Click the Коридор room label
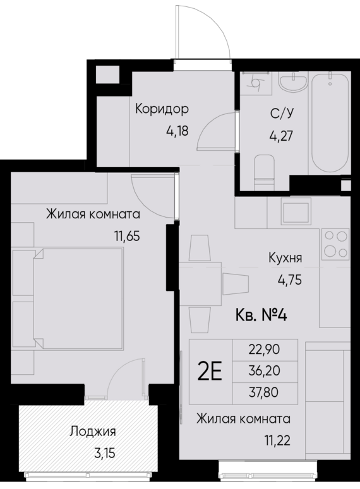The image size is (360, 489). pos(162,109)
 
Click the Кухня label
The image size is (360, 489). pos(284,257)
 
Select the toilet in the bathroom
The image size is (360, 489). pos(263,169)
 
